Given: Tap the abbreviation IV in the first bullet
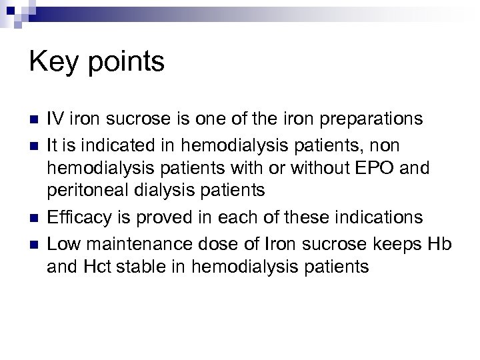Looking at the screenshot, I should [x=56, y=119].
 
